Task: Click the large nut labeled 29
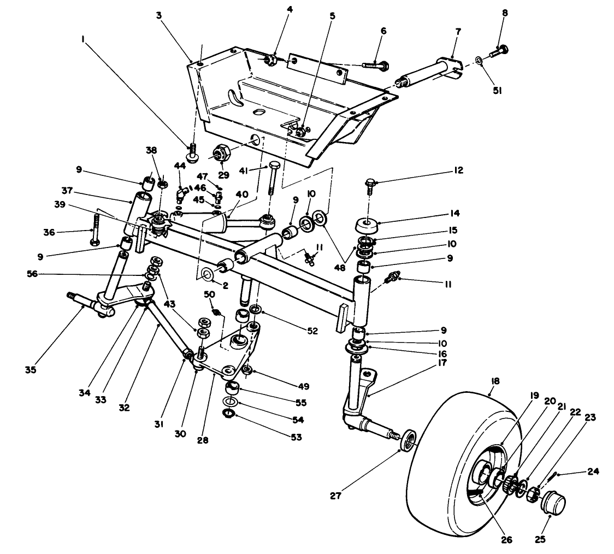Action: tap(221, 153)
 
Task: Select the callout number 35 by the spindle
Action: tap(30, 370)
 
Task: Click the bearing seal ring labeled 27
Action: tap(408, 440)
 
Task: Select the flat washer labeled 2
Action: tap(208, 273)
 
